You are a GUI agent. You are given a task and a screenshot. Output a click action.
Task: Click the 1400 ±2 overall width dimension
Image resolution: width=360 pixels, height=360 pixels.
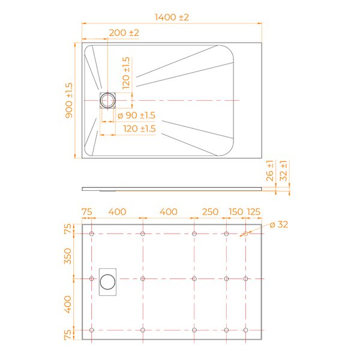tap(172, 17)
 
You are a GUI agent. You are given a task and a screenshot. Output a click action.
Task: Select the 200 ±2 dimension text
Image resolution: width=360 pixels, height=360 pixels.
tap(124, 33)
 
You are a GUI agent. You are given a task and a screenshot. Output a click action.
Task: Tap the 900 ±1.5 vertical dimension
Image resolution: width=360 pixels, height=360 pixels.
tap(69, 101)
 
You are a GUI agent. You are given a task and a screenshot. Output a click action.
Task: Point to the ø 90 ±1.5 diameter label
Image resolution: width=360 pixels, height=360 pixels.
tap(136, 115)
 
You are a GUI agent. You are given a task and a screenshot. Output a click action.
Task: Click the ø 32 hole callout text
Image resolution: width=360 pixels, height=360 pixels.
tap(279, 224)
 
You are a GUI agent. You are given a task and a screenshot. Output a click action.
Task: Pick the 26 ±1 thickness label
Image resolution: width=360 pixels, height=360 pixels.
tap(270, 171)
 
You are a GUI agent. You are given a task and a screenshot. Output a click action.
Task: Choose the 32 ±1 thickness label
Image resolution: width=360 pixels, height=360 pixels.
tap(284, 171)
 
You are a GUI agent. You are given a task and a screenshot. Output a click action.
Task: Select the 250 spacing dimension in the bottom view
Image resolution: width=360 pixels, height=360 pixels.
tap(210, 212)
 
